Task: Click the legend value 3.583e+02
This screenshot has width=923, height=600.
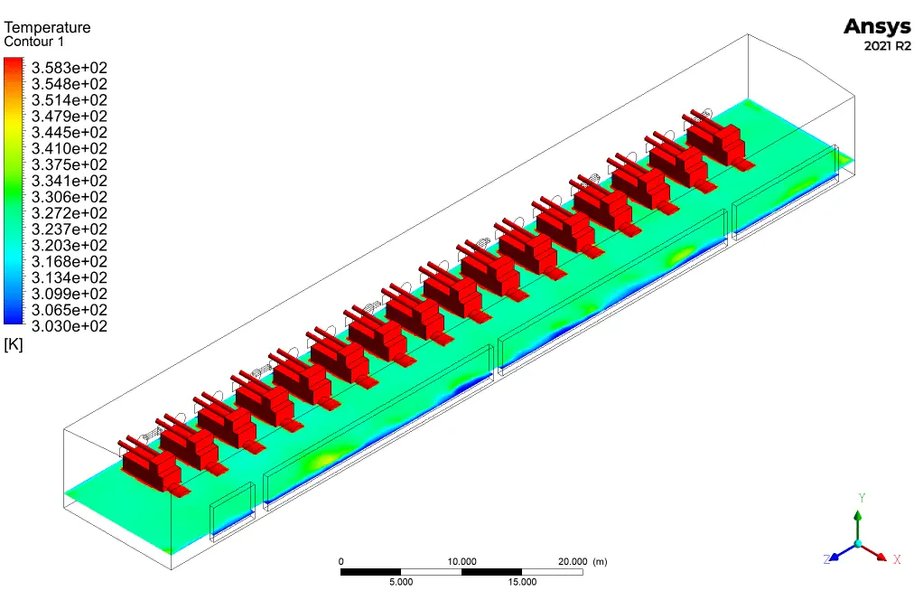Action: click(70, 68)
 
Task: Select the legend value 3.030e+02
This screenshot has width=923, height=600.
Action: click(70, 326)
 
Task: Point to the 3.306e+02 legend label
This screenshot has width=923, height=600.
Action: click(70, 197)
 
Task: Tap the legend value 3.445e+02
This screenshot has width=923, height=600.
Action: click(70, 133)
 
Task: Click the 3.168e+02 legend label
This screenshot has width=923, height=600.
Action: click(70, 261)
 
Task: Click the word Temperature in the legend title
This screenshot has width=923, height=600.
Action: click(47, 27)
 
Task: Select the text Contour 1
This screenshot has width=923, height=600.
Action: click(34, 42)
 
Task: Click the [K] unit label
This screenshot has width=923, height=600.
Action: click(13, 344)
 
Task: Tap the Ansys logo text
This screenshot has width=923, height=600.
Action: click(877, 27)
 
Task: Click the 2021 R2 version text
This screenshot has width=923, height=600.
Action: click(887, 46)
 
